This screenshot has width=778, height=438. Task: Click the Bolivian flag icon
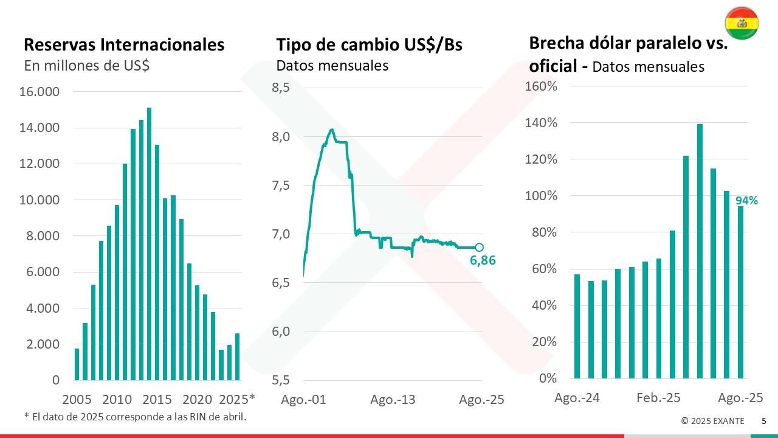pyautogui.click(x=741, y=24)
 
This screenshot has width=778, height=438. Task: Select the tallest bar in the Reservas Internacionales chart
pyautogui.click(x=149, y=243)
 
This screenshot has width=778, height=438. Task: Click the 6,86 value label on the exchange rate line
pyautogui.click(x=483, y=261)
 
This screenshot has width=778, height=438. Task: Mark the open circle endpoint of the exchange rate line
pyautogui.click(x=479, y=247)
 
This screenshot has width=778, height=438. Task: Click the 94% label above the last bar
pyautogui.click(x=746, y=200)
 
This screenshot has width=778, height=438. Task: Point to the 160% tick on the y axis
pyautogui.click(x=542, y=86)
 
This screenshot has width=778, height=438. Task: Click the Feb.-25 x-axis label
pyautogui.click(x=658, y=398)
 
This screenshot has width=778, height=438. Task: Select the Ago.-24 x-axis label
pyautogui.click(x=577, y=398)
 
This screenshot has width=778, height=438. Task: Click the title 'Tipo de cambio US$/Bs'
pyautogui.click(x=369, y=44)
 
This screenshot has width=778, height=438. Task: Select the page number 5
pyautogui.click(x=764, y=420)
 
